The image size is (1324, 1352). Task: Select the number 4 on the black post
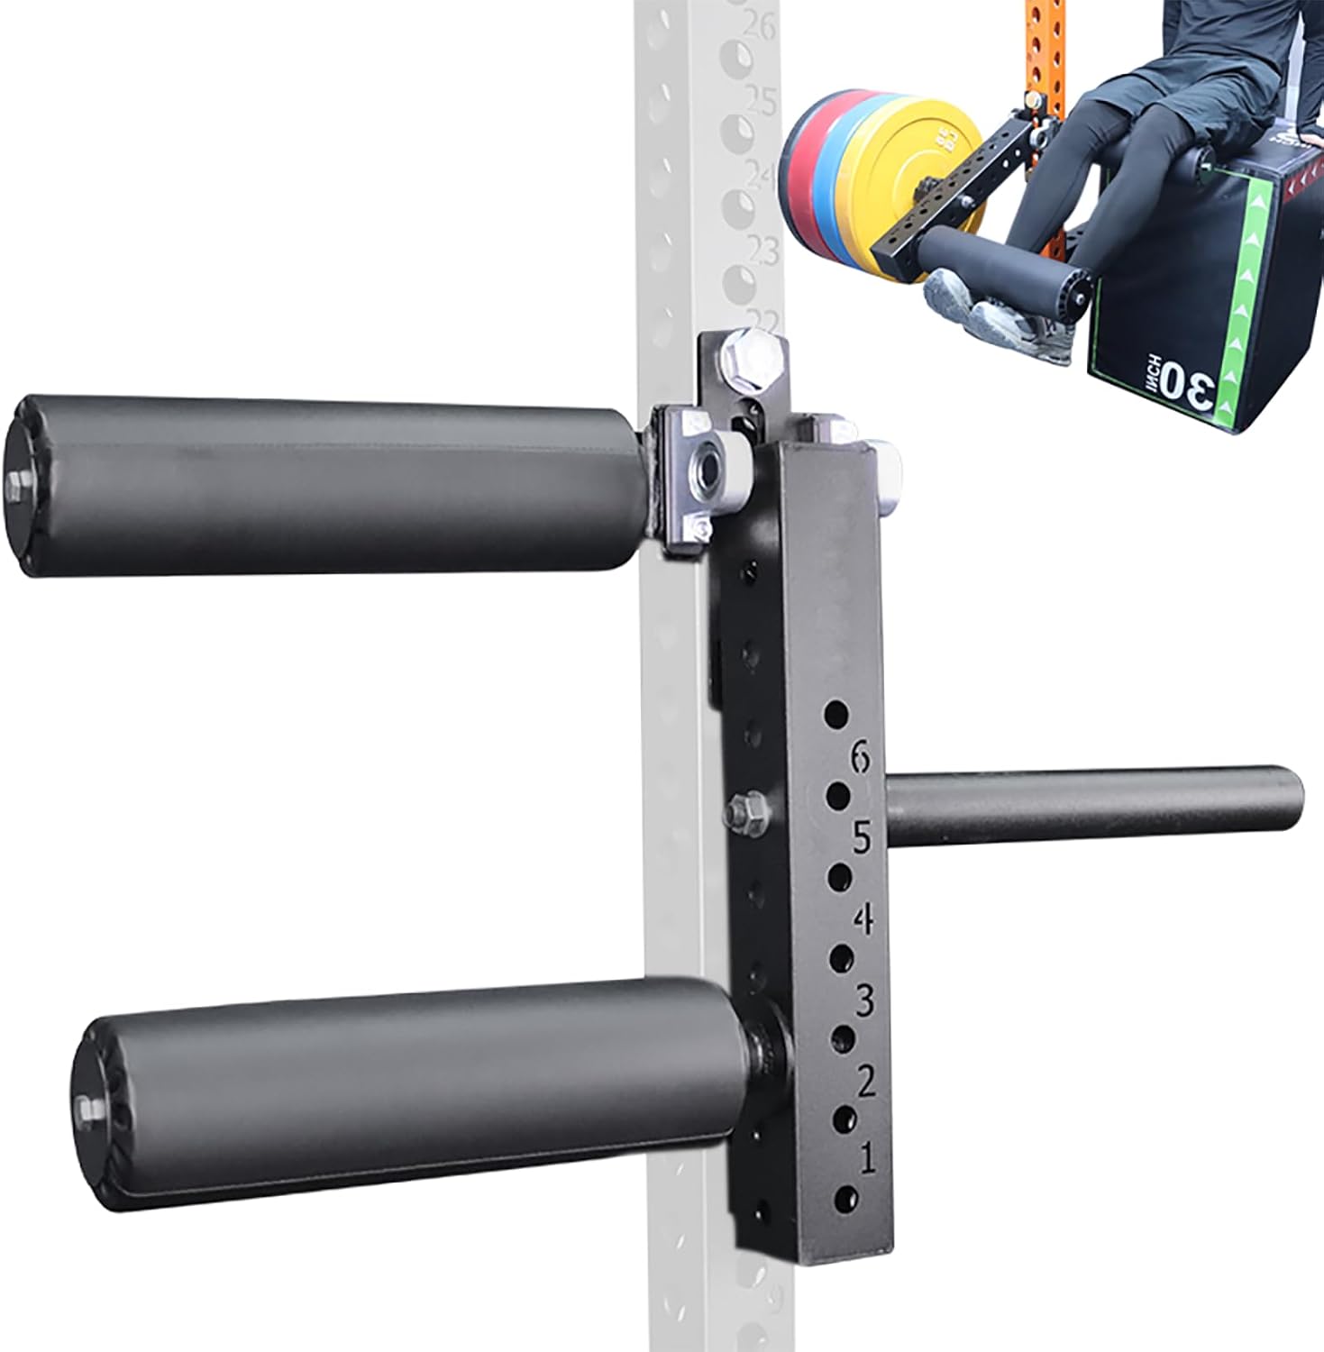tap(864, 919)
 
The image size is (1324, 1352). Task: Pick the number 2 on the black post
tap(866, 1080)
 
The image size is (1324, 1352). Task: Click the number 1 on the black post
tap(868, 1157)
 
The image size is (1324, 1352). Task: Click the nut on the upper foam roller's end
tap(19, 488)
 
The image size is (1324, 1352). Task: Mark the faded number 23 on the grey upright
tap(764, 249)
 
